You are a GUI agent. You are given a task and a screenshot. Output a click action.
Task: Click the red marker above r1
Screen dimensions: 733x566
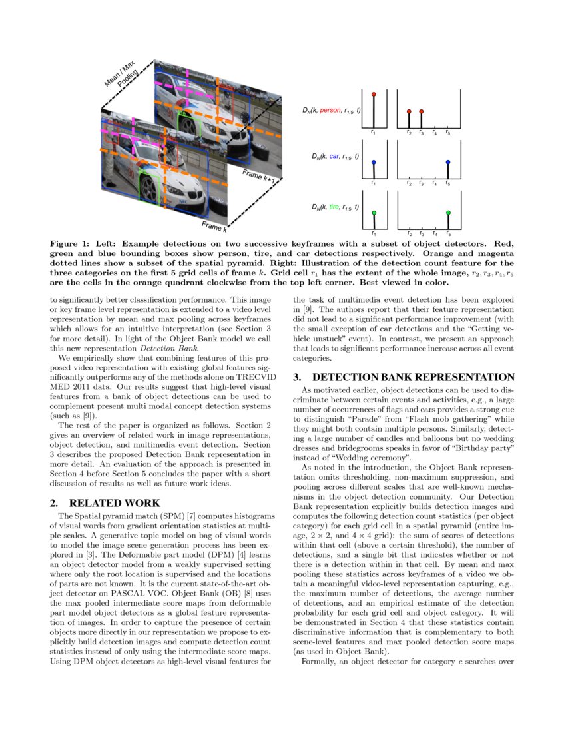click(x=374, y=95)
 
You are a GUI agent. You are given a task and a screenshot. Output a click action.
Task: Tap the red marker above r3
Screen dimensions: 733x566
click(x=422, y=111)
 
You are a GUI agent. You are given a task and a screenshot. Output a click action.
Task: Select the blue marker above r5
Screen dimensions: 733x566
click(x=448, y=162)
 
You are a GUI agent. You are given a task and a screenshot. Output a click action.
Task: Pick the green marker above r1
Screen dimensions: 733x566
click(x=374, y=213)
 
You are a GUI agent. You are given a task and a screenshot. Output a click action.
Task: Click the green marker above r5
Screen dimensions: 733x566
click(x=448, y=213)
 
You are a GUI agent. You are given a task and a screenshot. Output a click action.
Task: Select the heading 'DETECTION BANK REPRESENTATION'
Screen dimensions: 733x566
click(x=414, y=377)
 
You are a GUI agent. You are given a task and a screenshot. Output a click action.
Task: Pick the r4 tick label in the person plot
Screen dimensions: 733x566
click(x=434, y=133)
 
